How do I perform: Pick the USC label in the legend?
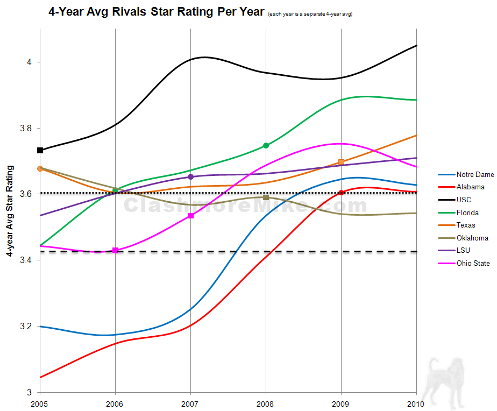pos(464,200)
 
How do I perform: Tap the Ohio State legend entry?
pos(473,264)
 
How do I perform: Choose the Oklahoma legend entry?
pos(472,238)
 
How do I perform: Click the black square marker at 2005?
pos(40,150)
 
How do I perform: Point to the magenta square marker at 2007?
pos(190,216)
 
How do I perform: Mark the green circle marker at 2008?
pos(266,146)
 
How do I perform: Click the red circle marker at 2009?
pos(341,193)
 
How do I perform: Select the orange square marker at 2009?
pos(341,162)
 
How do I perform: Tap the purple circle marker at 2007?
pos(190,177)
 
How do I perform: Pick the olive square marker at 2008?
pos(266,197)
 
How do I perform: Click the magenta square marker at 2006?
pos(115,250)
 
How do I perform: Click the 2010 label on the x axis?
pos(416,403)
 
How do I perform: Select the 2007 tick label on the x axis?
pos(190,403)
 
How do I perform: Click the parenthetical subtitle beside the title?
pos(309,13)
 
